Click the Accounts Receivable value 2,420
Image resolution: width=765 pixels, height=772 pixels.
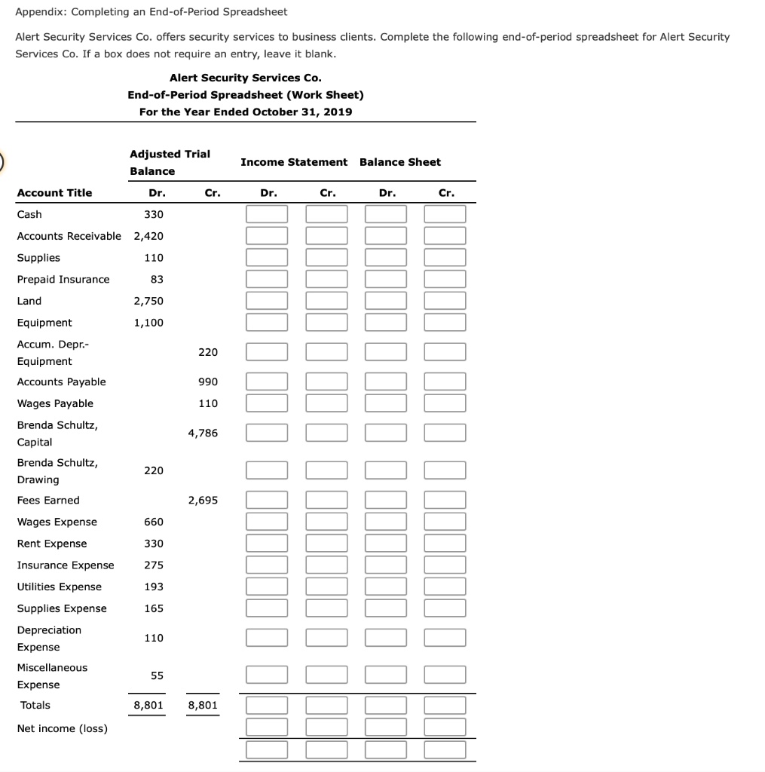coord(148,236)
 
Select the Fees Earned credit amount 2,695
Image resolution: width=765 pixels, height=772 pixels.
coord(203,500)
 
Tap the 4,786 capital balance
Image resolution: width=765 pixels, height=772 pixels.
coord(203,433)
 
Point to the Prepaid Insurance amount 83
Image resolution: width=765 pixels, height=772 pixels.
coord(156,279)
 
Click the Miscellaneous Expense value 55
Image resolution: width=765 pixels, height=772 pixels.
coord(156,675)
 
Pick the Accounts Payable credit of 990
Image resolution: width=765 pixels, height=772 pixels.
coord(208,381)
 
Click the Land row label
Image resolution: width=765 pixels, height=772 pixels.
coord(29,301)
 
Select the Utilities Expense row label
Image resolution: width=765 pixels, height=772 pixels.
coord(59,587)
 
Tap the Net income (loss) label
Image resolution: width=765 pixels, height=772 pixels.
coord(62,728)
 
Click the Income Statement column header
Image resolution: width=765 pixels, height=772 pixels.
coord(294,162)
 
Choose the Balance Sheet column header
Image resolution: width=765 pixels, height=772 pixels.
coord(400,162)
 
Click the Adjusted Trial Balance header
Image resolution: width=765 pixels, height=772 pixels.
coord(170,162)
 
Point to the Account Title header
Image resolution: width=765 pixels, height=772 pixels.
coord(54,193)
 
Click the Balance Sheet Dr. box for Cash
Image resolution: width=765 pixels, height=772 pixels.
coord(386,215)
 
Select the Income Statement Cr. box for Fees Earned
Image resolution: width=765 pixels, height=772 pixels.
coord(326,500)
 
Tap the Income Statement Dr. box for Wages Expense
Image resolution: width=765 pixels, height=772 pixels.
coord(267,522)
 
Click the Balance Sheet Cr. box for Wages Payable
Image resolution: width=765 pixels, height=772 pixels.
coord(445,403)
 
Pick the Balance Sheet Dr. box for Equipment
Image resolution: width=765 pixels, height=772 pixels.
coord(386,323)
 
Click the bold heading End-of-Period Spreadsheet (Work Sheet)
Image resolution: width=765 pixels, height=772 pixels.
coord(245,95)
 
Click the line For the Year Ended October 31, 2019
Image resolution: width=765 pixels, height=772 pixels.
coord(245,112)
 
